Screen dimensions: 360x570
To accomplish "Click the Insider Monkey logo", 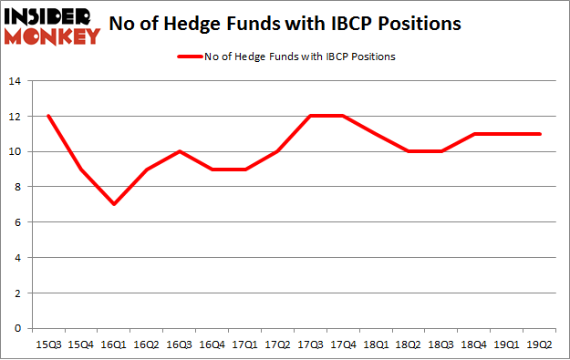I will (x=51, y=26).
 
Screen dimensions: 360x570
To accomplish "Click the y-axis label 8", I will (x=16, y=187).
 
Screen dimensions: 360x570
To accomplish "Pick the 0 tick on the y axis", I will (x=16, y=328).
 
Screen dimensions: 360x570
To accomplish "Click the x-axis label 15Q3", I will (x=47, y=344).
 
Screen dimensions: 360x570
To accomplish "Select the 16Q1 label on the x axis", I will (x=114, y=344).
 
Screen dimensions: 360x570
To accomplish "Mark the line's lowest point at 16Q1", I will (x=114, y=204).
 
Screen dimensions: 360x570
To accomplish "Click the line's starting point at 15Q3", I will (x=47, y=117).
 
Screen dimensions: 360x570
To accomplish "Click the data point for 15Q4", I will (x=81, y=170).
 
